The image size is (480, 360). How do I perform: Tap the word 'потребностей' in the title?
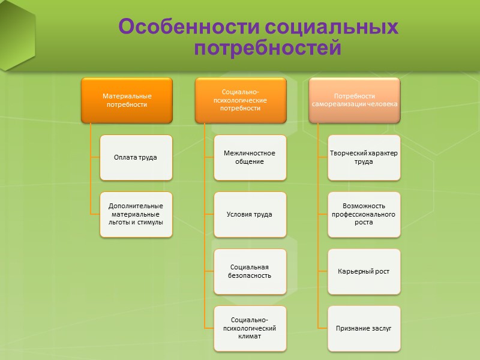pos(267,47)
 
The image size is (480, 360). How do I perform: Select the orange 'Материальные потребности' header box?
pos(127,100)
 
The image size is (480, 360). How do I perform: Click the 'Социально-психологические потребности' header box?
pos(240,100)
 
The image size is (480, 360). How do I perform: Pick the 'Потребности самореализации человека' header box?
pos(355,100)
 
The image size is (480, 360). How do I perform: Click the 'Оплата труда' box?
pos(136,157)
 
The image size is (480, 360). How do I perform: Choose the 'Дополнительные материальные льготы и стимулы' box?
pos(136,214)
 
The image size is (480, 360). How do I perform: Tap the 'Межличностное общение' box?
pos(250,157)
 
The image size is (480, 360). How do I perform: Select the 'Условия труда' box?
pos(250,214)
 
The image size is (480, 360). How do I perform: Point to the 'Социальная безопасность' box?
pos(250,271)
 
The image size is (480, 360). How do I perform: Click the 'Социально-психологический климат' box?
pos(250,328)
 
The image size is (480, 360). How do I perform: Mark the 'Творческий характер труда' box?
pos(364,157)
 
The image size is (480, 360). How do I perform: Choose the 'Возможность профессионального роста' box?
pos(364,214)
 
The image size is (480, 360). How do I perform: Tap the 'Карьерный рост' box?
pos(364,271)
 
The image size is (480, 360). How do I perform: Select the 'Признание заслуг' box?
pos(364,328)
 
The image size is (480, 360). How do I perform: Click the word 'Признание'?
pos(352,329)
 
